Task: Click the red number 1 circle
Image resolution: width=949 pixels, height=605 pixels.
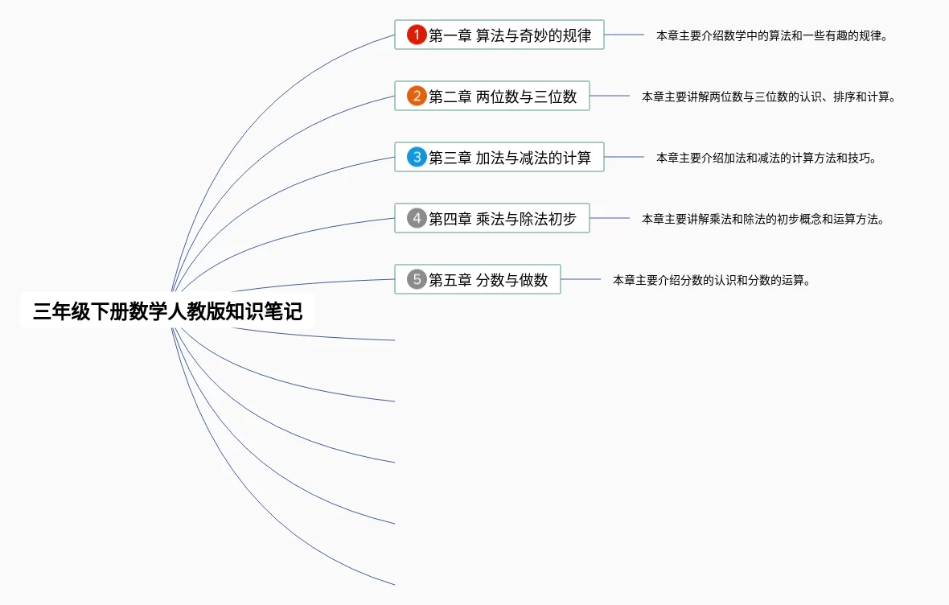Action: tap(416, 35)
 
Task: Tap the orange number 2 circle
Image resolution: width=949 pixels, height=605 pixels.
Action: tap(416, 97)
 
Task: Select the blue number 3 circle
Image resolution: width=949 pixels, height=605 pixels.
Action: tap(416, 158)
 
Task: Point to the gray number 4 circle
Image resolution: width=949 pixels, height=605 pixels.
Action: tap(416, 218)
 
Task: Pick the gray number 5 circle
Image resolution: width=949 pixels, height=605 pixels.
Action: tap(416, 279)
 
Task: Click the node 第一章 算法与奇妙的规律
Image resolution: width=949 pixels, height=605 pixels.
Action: tap(510, 35)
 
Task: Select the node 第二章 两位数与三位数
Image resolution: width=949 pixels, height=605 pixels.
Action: tap(503, 97)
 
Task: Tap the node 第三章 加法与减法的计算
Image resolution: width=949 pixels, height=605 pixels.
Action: tap(510, 158)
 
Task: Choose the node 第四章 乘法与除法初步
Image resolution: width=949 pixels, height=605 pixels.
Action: tap(503, 218)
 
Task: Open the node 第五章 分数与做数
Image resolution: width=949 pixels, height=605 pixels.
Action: tap(488, 279)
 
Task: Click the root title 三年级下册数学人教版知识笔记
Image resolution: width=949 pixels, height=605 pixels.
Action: tap(167, 311)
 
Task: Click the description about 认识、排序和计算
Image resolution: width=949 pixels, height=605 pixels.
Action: tap(768, 97)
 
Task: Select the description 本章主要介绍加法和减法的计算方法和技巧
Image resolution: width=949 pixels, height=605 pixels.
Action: tap(766, 158)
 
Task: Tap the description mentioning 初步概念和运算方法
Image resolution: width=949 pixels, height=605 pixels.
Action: tap(762, 219)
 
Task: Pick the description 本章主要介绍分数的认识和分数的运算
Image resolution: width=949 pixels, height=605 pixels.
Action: tap(710, 280)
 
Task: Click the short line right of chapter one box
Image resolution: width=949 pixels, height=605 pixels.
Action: tap(624, 35)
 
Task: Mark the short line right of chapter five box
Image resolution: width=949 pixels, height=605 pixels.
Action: tap(581, 279)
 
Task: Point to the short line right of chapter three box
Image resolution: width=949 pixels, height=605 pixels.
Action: tap(624, 157)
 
